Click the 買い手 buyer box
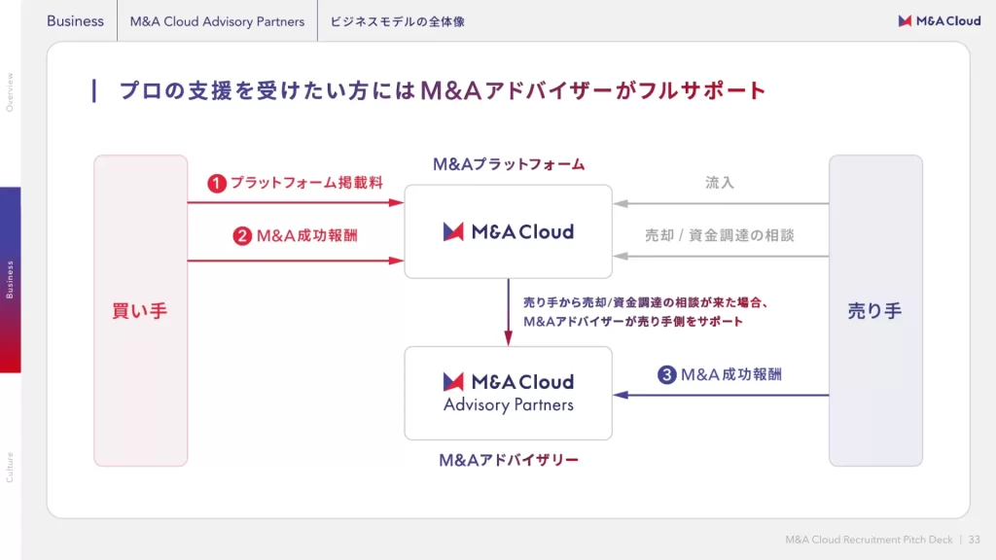[140, 311]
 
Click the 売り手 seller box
[874, 311]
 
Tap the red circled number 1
[217, 183]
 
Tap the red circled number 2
[243, 235]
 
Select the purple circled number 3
[666, 374]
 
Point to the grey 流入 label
[720, 183]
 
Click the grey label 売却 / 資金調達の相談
[720, 235]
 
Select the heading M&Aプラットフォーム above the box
[509, 165]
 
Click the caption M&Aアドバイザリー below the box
[509, 459]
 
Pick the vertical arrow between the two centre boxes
[509, 311]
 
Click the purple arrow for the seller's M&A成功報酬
[720, 395]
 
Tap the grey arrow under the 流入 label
[720, 204]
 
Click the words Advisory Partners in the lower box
[509, 405]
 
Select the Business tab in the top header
[75, 21]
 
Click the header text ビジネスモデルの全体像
[397, 21]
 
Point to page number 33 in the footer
[975, 540]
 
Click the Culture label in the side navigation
[10, 467]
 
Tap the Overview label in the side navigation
[10, 92]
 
